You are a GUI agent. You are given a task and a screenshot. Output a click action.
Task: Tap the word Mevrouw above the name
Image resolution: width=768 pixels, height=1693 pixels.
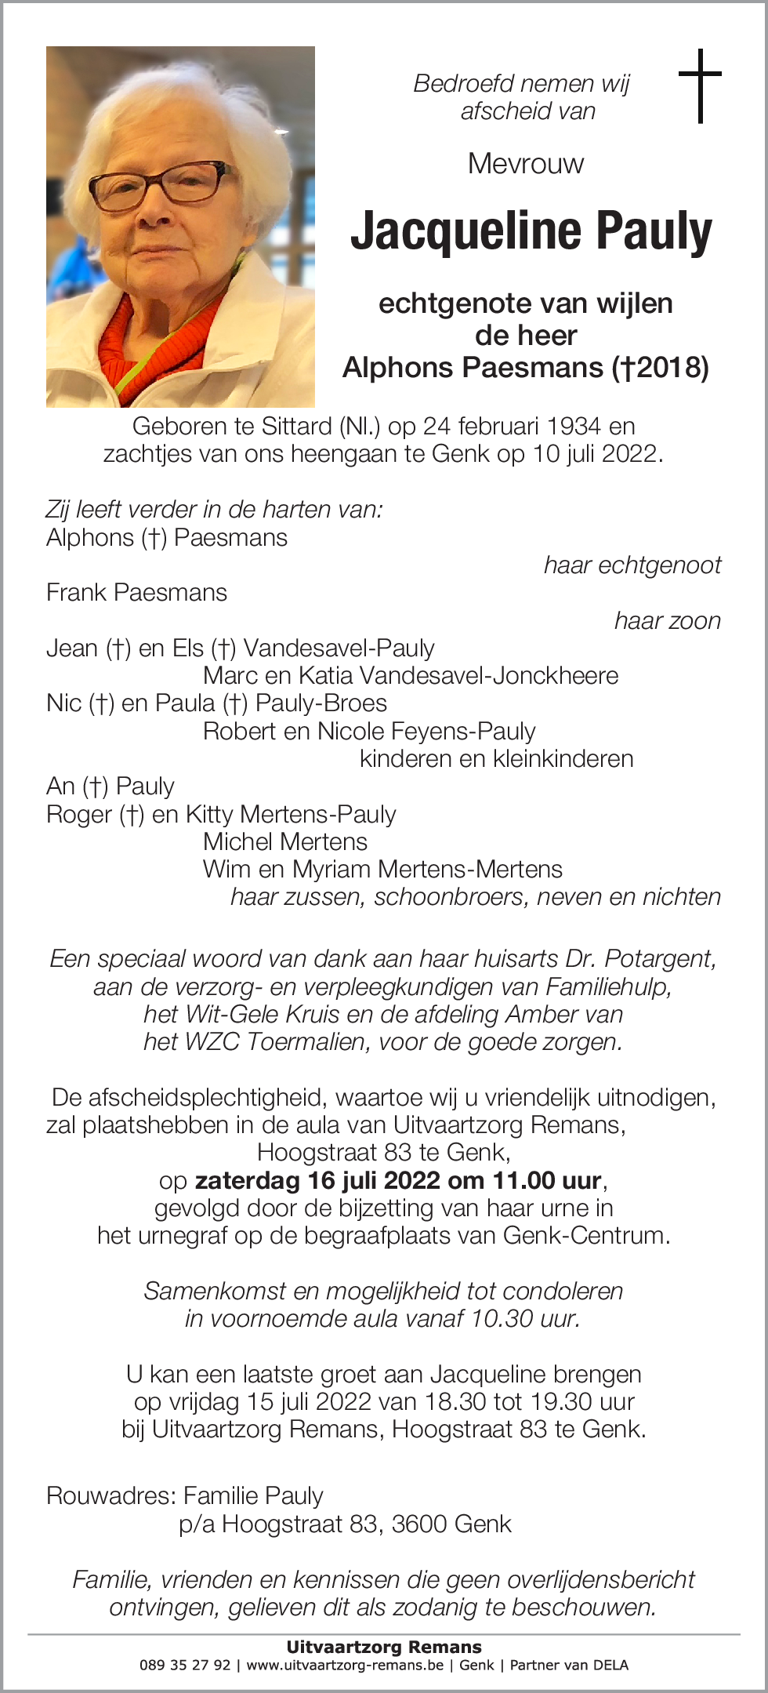[526, 164]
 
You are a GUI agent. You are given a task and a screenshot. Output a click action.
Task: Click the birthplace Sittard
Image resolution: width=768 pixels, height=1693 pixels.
[297, 427]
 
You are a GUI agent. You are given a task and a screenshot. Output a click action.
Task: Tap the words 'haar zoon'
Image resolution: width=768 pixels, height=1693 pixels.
[667, 621]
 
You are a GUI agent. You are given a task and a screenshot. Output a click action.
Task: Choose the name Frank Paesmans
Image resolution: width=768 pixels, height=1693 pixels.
[136, 593]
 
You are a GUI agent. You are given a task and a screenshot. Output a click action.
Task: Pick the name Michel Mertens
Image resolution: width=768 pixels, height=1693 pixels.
[284, 842]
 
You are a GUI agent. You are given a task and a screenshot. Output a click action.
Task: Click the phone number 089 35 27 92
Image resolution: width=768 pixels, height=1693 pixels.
[185, 1666]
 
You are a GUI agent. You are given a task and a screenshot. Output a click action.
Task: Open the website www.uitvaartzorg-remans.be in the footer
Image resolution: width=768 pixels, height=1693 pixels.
[345, 1666]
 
